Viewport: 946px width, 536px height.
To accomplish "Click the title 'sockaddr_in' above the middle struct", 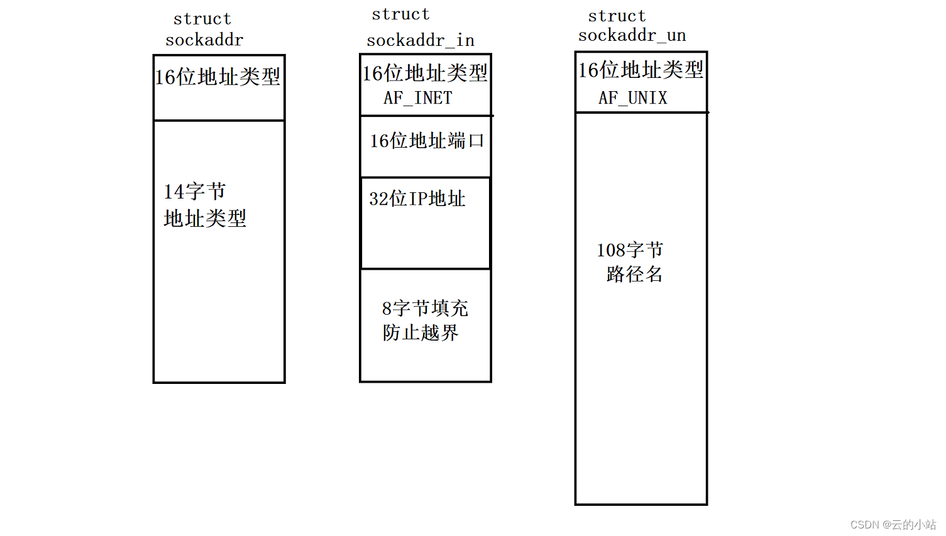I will tap(421, 41).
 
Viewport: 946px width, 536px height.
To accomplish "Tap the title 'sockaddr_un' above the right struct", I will tap(632, 36).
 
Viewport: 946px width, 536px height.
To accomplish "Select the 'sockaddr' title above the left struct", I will tap(204, 40).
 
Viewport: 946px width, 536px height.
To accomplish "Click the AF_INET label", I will tap(418, 98).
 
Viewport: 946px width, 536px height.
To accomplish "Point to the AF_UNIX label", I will tap(633, 98).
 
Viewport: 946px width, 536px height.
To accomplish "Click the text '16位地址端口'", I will tap(427, 141).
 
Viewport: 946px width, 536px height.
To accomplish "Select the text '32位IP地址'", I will tap(417, 199).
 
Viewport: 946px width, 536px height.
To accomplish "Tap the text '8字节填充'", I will tap(425, 309).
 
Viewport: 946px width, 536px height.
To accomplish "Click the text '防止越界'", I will tap(421, 333).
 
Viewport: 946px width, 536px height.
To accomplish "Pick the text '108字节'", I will tap(630, 250).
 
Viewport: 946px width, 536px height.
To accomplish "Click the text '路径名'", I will tap(634, 274).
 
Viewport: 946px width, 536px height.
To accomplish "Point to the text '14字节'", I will tap(194, 192).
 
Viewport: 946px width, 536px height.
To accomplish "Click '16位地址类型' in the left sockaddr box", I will tap(217, 77).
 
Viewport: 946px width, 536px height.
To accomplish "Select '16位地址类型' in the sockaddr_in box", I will tap(425, 74).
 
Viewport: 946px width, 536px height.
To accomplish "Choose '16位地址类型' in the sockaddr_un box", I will tap(641, 70).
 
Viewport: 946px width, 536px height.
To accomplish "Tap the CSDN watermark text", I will tap(893, 525).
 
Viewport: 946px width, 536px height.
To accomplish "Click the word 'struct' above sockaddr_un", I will tap(617, 16).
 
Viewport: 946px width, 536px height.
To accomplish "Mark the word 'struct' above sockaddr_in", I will tap(400, 14).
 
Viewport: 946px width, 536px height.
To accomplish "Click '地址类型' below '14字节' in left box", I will tap(205, 219).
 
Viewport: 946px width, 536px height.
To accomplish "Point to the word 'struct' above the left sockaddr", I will tap(202, 19).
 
